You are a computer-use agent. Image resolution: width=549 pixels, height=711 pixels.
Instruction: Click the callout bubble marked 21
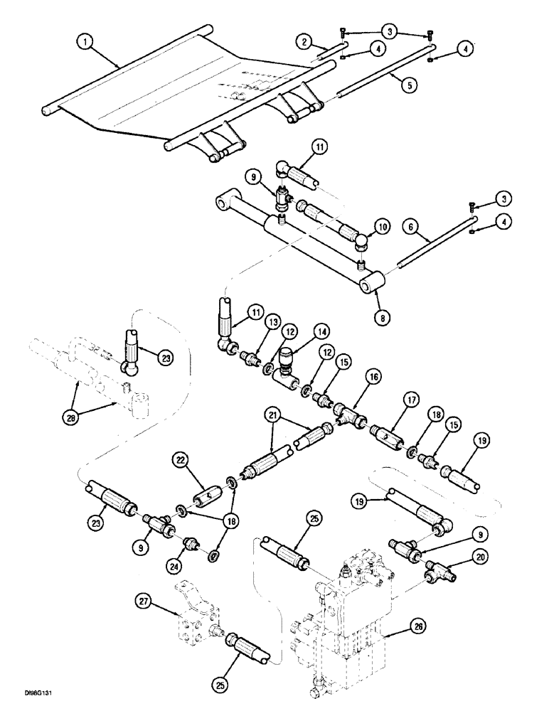[272, 414]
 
